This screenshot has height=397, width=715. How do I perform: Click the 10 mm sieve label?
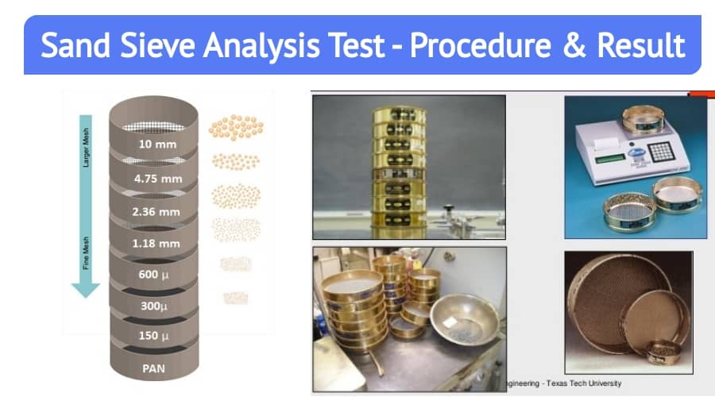157,145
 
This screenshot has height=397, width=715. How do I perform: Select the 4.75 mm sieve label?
158,179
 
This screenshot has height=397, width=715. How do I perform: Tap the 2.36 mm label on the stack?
158,212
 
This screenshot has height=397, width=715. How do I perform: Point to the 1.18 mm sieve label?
158,243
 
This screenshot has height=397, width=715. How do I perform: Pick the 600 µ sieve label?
154,275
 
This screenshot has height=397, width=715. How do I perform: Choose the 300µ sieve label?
154,306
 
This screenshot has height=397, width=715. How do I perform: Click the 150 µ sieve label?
154,337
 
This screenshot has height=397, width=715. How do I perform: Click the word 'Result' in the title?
643,46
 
